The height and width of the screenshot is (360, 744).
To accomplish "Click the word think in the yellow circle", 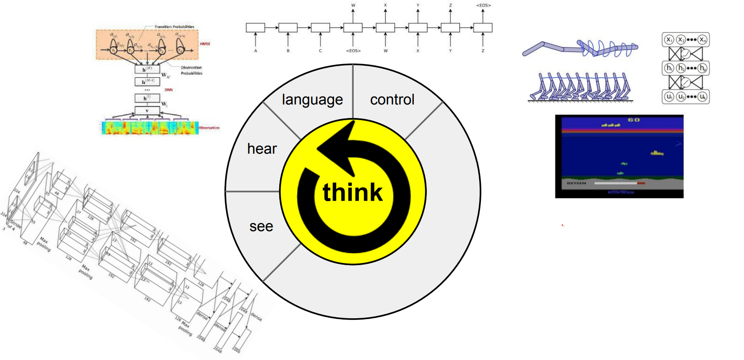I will coord(352,192).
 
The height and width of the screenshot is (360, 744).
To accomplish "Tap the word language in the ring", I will coord(312,100).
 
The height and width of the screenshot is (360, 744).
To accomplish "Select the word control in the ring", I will coord(392,100).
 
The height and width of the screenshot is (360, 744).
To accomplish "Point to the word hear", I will coord(262,149).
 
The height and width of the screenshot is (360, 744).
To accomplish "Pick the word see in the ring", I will coord(261,226).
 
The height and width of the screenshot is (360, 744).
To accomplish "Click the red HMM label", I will coord(205,44).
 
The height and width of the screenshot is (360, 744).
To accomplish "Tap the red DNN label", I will coord(169,90).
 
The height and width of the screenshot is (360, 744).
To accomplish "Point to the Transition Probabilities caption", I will coord(174,27).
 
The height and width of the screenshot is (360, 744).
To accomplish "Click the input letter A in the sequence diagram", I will coord(256,51).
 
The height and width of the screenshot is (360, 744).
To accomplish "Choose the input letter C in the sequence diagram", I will coord(320,51).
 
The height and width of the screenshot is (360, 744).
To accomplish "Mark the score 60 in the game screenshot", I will coord(633,120).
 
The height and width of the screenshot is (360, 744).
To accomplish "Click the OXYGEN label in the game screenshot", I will coord(576,183).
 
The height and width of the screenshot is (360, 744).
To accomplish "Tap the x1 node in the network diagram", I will coord(669,40).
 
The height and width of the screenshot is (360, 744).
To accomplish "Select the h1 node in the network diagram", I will coord(669,68).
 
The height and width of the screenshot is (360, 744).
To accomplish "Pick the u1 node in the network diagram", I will coord(669,96).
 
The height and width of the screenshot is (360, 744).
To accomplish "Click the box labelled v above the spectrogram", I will coord(147,111).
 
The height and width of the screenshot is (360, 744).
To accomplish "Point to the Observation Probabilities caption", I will coord(192,71).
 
